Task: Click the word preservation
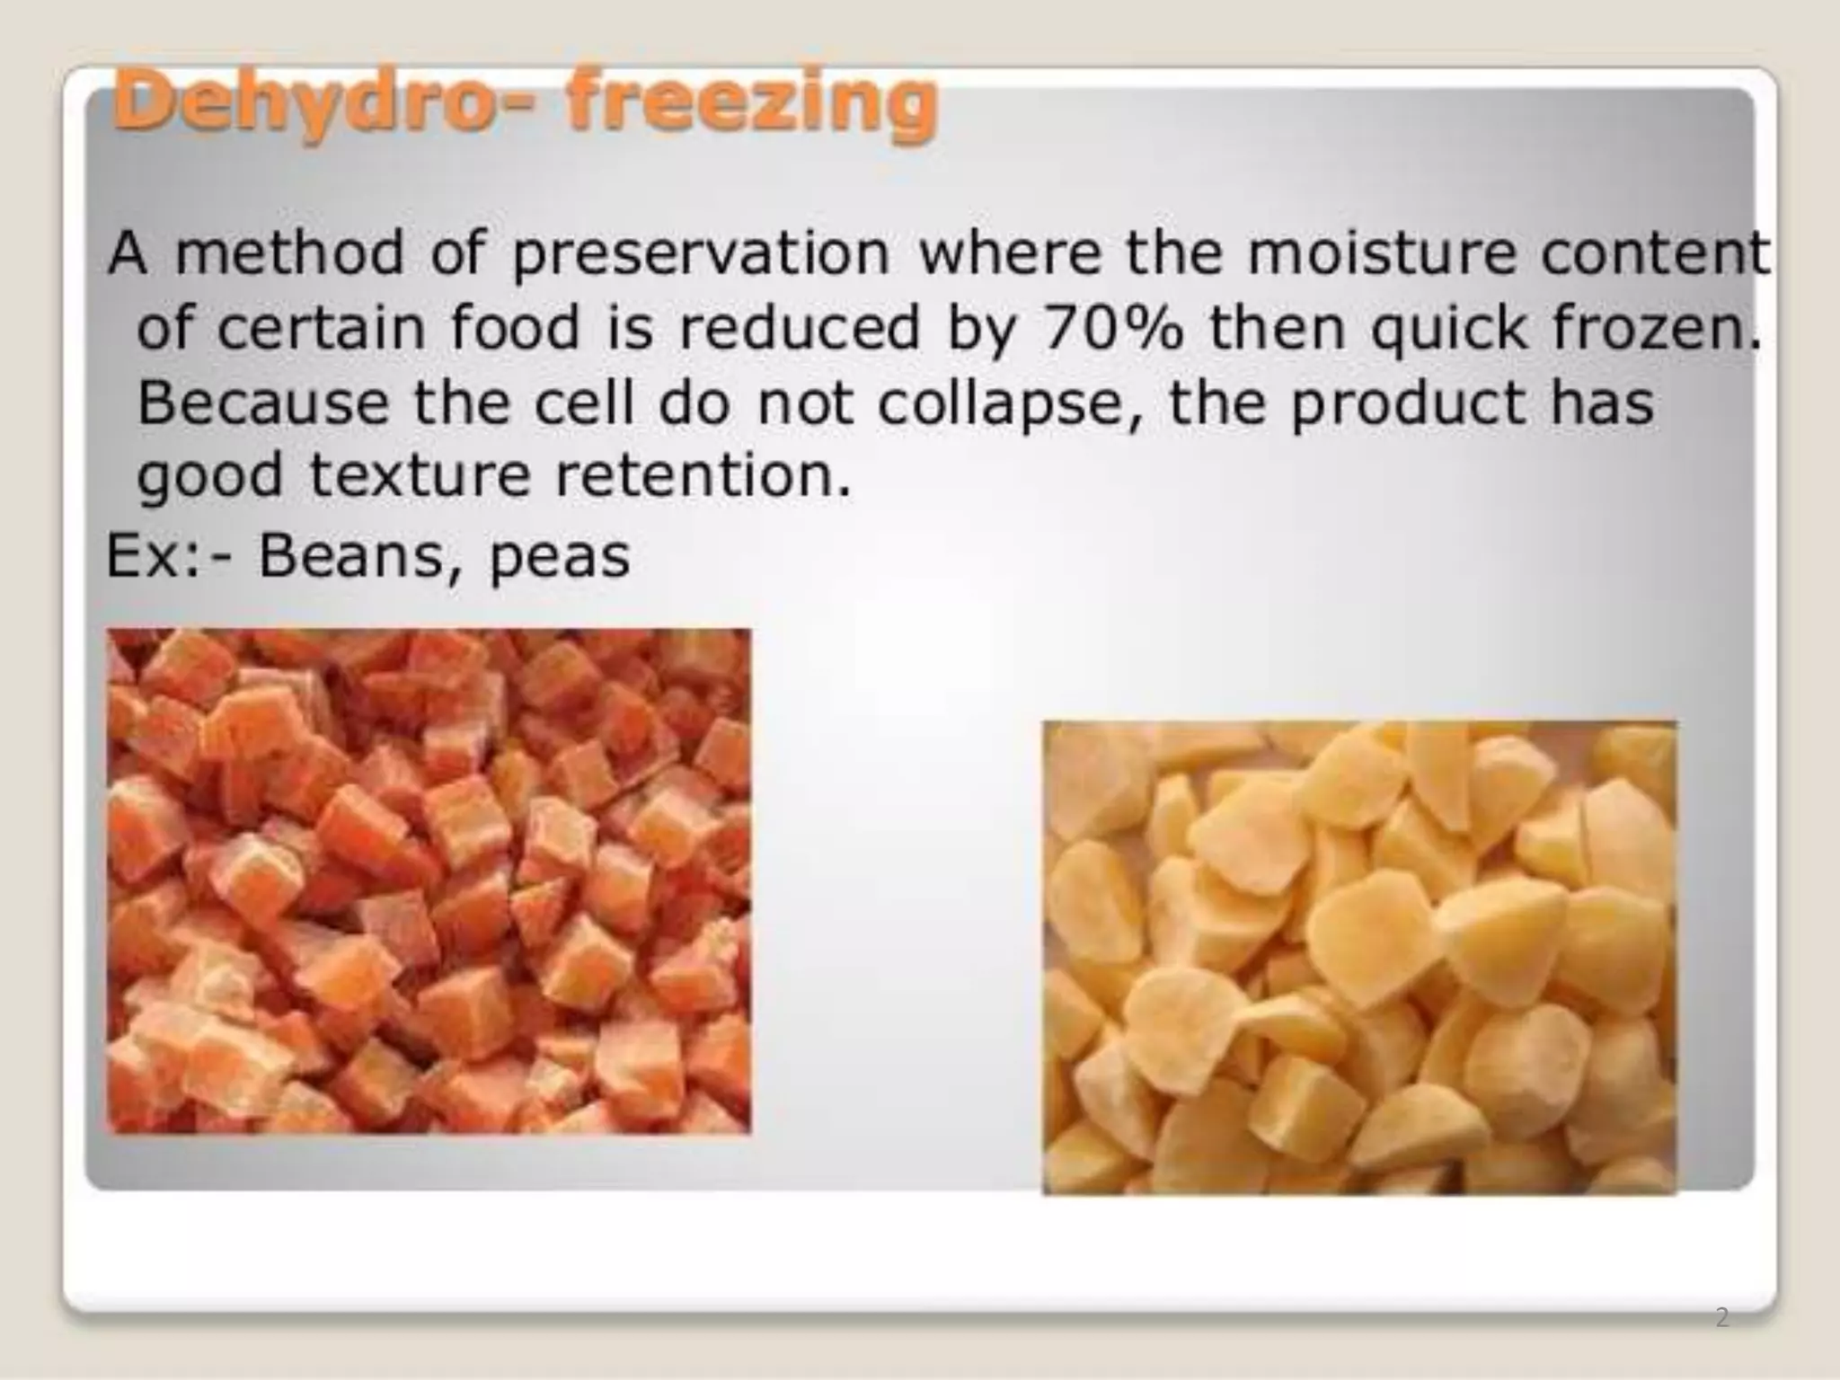tap(701, 255)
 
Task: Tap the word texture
tap(420, 476)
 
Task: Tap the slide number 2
tap(1721, 1318)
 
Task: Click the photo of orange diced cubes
tap(429, 880)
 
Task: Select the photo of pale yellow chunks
tap(1358, 958)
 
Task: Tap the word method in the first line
tap(289, 255)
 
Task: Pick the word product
tap(1407, 404)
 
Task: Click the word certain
tap(320, 329)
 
